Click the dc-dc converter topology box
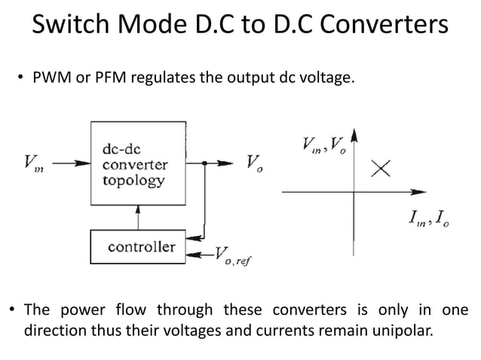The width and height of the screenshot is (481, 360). tap(139, 163)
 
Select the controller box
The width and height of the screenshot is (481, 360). tap(139, 246)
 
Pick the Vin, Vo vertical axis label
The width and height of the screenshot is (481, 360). tap(322, 143)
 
